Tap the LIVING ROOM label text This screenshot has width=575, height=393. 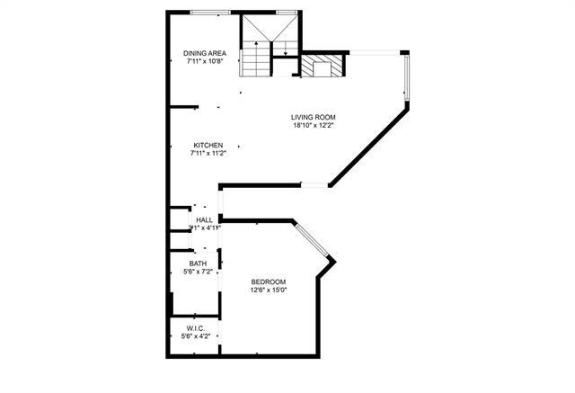point(313,116)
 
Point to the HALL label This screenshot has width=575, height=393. point(204,219)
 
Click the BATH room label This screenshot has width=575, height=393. point(197,263)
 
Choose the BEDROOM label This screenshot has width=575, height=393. point(268,281)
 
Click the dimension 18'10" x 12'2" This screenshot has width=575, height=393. point(313,125)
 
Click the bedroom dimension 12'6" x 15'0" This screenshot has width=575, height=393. point(268,290)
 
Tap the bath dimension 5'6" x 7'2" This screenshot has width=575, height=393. point(197,272)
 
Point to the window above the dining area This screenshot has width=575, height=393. point(209,12)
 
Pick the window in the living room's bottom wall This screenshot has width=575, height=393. point(314,186)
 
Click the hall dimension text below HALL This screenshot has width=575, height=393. point(204,228)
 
